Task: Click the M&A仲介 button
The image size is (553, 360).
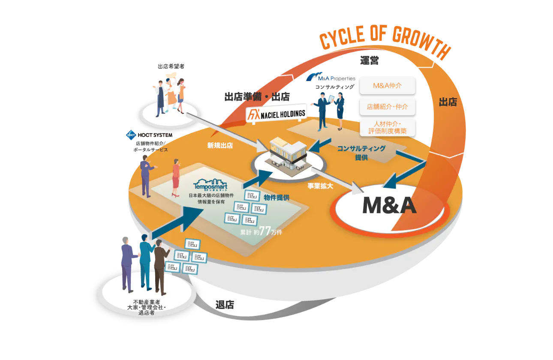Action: [388, 86]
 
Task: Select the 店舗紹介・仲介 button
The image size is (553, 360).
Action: [388, 107]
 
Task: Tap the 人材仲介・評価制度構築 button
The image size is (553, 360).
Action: [388, 128]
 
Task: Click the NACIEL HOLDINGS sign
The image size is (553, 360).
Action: [276, 114]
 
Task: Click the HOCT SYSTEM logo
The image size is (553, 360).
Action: [149, 135]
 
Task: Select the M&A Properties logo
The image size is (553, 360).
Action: [331, 77]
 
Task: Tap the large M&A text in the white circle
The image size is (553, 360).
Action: [389, 205]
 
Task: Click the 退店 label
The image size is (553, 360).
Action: [225, 305]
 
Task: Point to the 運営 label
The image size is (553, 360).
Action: [370, 60]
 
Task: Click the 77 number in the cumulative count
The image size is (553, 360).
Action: [265, 231]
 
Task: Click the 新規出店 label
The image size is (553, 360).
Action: [220, 146]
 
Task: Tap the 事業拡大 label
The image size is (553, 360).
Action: [320, 186]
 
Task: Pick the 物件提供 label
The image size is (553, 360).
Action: [276, 198]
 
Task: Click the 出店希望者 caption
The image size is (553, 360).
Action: [171, 66]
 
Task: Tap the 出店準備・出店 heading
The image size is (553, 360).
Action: [257, 97]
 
